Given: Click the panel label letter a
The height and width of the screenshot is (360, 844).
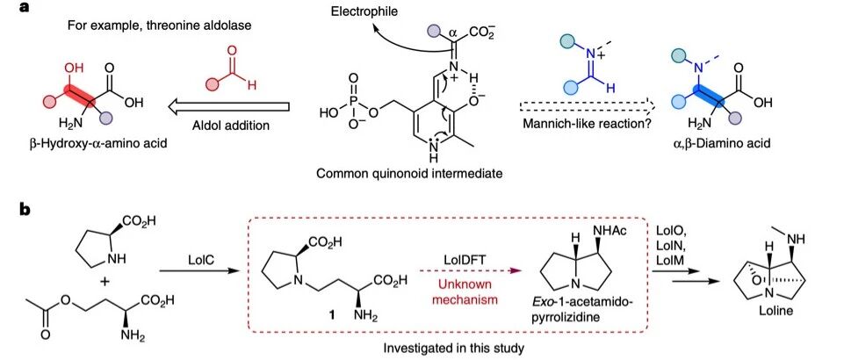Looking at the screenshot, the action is click(x=24, y=8).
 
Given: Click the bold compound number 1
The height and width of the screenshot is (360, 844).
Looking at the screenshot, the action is click(x=327, y=312).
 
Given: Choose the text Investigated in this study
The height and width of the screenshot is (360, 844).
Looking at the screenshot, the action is click(x=453, y=349).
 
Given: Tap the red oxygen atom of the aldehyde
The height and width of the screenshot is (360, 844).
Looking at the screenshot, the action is click(x=232, y=51).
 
